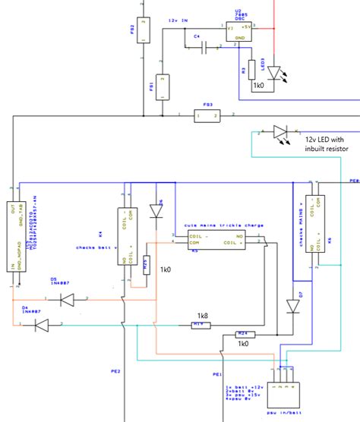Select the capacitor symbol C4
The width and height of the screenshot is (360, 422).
tap(204, 48)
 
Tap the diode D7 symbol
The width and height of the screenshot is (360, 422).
tap(295, 306)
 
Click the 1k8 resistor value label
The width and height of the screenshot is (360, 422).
tap(202, 314)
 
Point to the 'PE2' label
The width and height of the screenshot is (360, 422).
tap(116, 371)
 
